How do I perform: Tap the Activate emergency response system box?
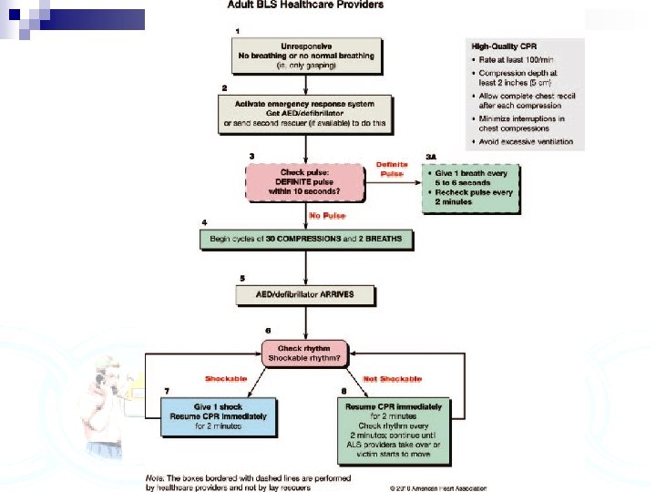pyautogui.click(x=306, y=112)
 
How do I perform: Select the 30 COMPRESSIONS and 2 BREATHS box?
pyautogui.click(x=307, y=240)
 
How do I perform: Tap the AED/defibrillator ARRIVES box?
pyautogui.click(x=307, y=294)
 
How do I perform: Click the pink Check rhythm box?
pyautogui.click(x=303, y=353)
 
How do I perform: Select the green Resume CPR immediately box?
pyautogui.click(x=395, y=425)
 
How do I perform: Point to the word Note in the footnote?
pyautogui.click(x=157, y=477)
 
